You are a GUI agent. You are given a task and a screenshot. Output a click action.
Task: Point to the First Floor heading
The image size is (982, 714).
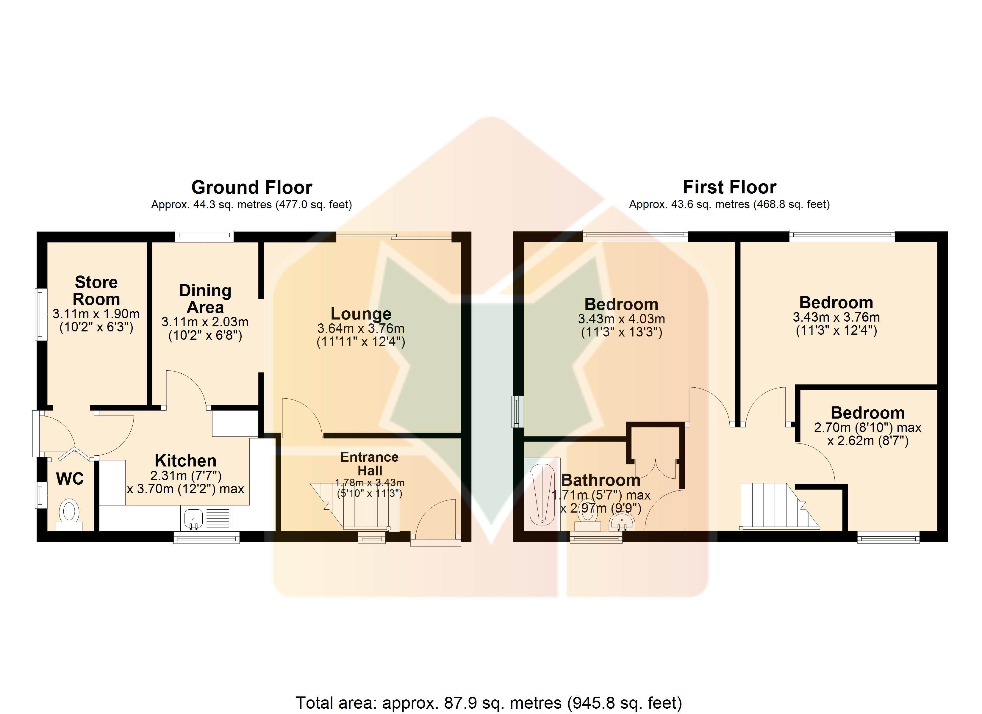730,187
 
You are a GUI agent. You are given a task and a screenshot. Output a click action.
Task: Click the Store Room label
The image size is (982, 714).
96,291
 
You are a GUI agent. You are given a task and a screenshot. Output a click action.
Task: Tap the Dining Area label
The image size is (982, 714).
205,299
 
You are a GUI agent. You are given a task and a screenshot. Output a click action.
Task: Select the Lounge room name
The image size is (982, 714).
361,314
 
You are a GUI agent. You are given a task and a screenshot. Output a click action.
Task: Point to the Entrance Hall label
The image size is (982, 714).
369,464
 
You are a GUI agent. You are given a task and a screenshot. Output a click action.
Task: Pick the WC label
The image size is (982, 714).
70,479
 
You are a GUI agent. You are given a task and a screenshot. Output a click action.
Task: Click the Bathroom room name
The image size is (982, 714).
601,480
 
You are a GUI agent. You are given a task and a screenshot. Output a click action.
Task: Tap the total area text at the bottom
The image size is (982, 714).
489,702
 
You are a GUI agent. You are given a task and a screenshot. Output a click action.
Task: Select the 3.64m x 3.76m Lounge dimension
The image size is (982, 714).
361,328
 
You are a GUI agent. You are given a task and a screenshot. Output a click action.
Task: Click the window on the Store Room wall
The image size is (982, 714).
41,314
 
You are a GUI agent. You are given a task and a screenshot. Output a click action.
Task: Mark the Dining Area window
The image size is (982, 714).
204,236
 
